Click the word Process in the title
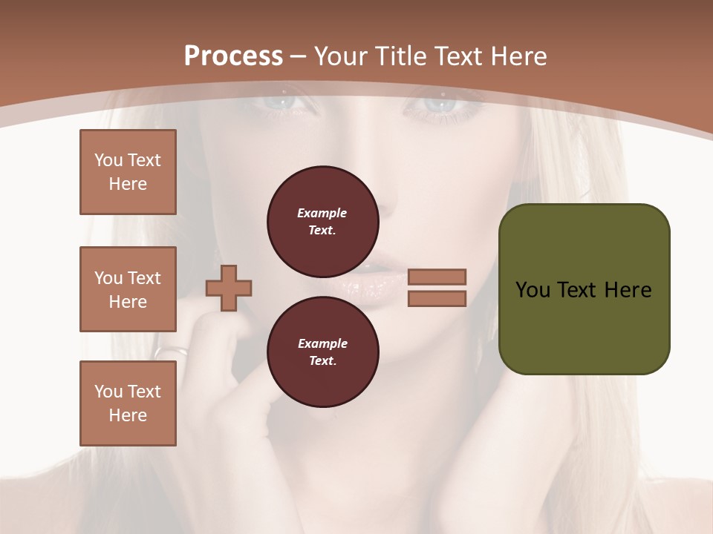233,56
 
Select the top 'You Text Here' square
128,172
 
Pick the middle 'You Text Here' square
128,289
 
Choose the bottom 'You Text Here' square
128,403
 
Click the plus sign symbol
229,288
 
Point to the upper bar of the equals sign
437,277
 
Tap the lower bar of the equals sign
437,298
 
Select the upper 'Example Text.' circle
322,221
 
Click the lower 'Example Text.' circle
322,352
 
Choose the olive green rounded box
584,289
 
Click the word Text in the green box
580,290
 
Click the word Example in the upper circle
322,213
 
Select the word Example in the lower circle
322,343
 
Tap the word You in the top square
108,160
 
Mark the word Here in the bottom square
128,415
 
